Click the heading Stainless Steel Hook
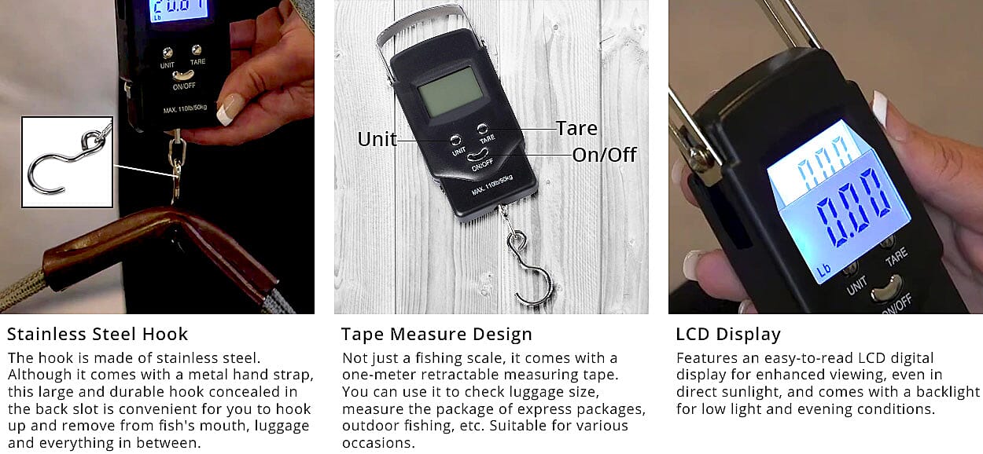[98, 335]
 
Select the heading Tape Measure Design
[436, 335]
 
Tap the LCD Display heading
[728, 335]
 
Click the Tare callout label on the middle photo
[576, 128]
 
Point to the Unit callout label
[377, 139]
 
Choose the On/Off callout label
[604, 155]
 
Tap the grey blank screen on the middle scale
[451, 92]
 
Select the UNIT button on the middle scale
[455, 140]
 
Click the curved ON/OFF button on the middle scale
[477, 155]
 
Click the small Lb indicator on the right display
[823, 270]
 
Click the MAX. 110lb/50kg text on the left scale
[185, 108]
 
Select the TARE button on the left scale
[197, 49]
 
